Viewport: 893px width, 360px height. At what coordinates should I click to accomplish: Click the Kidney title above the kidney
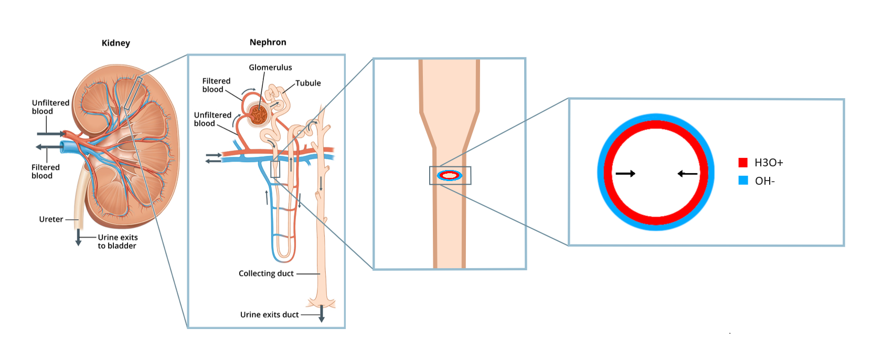[x=115, y=43]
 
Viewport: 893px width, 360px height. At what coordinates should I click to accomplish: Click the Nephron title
[x=268, y=42]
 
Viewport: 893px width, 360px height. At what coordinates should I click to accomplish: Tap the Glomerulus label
[x=270, y=67]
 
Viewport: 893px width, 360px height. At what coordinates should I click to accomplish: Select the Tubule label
[x=308, y=83]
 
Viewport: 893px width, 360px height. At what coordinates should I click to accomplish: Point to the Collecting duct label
[x=266, y=273]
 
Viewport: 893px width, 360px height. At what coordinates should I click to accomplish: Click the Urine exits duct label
[x=269, y=315]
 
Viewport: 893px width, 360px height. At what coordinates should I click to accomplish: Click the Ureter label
[x=51, y=219]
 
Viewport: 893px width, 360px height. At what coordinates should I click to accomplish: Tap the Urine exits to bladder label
[x=118, y=241]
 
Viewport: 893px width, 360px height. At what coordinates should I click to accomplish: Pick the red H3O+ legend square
[x=743, y=162]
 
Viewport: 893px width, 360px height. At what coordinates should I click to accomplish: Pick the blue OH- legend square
[x=743, y=181]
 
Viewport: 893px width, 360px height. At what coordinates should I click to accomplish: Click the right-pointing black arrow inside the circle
[x=625, y=173]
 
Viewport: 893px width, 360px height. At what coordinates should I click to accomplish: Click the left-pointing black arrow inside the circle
[x=687, y=173]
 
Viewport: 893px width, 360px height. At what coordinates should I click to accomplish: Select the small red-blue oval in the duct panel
[x=450, y=175]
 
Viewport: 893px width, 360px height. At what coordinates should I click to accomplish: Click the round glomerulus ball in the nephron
[x=258, y=114]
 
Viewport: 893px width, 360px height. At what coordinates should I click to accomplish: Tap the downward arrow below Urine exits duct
[x=322, y=315]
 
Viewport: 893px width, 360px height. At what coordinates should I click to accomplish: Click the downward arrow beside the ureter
[x=79, y=237]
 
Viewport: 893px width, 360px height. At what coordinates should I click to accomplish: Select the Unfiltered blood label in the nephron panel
[x=212, y=119]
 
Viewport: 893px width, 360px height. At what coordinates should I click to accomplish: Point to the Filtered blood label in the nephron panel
[x=216, y=85]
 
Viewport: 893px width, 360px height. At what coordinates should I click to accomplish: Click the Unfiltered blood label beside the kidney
[x=50, y=107]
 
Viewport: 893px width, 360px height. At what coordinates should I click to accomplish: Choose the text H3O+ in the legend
[x=769, y=163]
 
